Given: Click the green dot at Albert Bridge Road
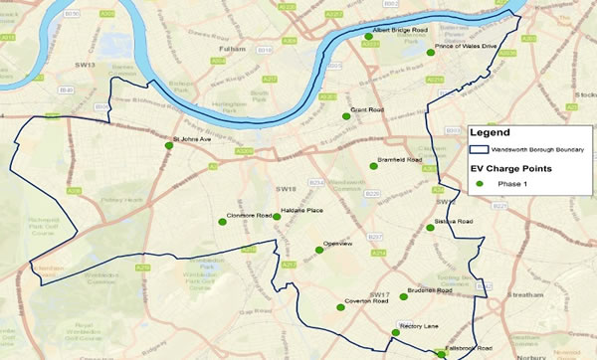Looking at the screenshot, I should pyautogui.click(x=369, y=44).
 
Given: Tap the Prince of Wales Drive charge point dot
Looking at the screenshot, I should pyautogui.click(x=431, y=52).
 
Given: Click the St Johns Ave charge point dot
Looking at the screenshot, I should pyautogui.click(x=169, y=146).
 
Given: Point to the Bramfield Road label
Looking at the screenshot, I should pyautogui.click(x=400, y=159).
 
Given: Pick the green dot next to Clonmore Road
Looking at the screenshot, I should pyautogui.click(x=224, y=222).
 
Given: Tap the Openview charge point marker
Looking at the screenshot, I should pyautogui.click(x=319, y=250).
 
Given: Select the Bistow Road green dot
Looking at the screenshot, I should pyautogui.click(x=431, y=229).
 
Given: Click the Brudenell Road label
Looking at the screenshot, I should pyautogui.click(x=431, y=291).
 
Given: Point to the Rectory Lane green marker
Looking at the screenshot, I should pyautogui.click(x=395, y=333).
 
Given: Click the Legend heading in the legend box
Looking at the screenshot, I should pyautogui.click(x=490, y=132).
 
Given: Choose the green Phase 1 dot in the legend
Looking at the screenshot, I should pyautogui.click(x=479, y=184).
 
